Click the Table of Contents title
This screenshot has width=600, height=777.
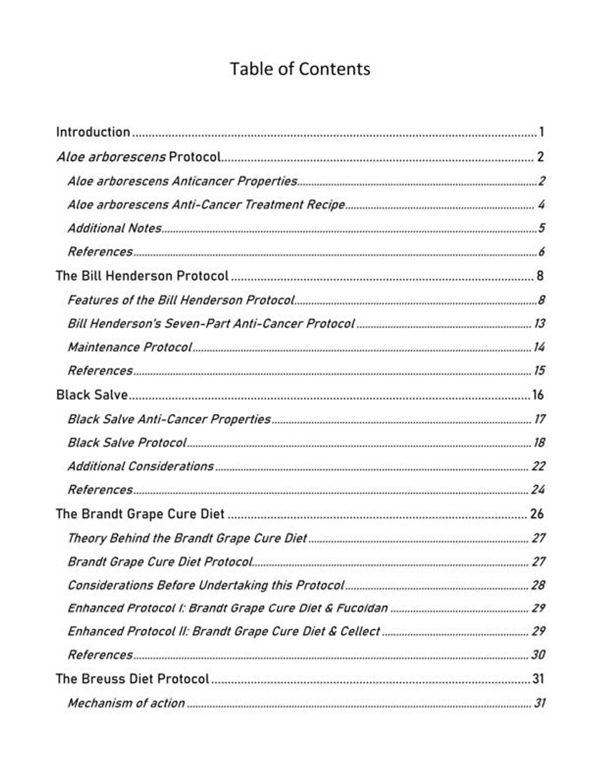pyautogui.click(x=300, y=69)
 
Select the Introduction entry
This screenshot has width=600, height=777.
pyautogui.click(x=93, y=132)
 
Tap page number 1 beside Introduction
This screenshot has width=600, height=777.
pyautogui.click(x=541, y=132)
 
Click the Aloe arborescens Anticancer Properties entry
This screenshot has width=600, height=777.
pyautogui.click(x=182, y=181)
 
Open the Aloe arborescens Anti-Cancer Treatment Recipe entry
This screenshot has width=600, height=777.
pyautogui.click(x=206, y=205)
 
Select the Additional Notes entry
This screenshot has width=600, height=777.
pyautogui.click(x=114, y=228)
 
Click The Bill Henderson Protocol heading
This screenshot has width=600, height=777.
pyautogui.click(x=142, y=276)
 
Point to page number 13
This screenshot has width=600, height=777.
pyautogui.click(x=539, y=324)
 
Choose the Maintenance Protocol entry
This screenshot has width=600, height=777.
pyautogui.click(x=129, y=347)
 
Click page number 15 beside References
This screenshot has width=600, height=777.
pyautogui.click(x=539, y=371)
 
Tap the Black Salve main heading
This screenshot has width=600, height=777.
pyautogui.click(x=92, y=395)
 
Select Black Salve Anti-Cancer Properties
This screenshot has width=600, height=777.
pyautogui.click(x=169, y=419)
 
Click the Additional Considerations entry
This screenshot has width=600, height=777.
pyautogui.click(x=140, y=466)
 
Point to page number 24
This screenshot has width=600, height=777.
pyautogui.click(x=537, y=490)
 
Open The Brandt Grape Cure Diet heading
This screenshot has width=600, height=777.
pyautogui.click(x=140, y=514)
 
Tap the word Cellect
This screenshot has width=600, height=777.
pyautogui.click(x=360, y=631)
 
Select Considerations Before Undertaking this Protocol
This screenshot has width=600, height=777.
pyautogui.click(x=206, y=585)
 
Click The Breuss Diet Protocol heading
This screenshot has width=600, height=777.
pyautogui.click(x=132, y=679)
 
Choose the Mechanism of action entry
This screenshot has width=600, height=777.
pyautogui.click(x=126, y=703)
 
